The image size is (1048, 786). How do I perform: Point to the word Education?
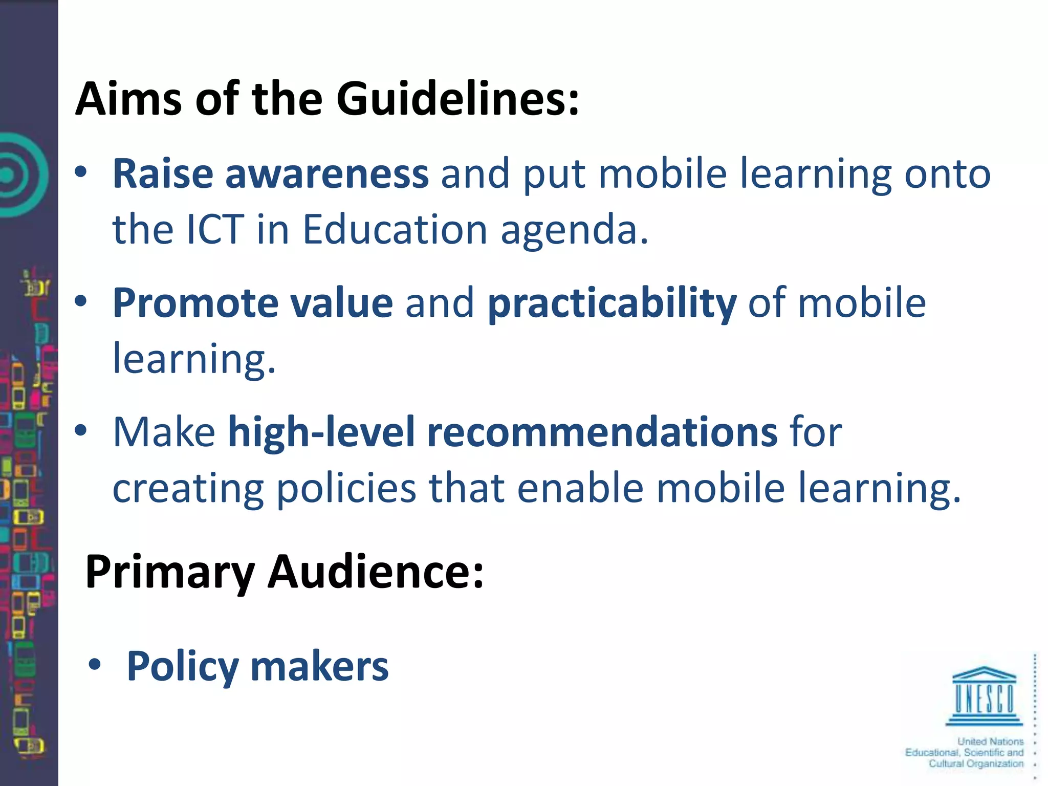(395, 229)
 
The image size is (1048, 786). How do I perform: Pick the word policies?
(346, 488)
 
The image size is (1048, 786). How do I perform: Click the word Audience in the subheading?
(376, 572)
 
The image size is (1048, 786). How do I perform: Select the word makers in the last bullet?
(319, 666)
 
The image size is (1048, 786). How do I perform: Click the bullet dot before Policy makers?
(95, 665)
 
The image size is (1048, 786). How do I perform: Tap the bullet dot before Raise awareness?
(81, 172)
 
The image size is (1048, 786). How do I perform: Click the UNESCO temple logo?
(984, 696)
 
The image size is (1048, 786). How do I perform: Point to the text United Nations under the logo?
(990, 741)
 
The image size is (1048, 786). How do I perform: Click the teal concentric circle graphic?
(15, 174)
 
